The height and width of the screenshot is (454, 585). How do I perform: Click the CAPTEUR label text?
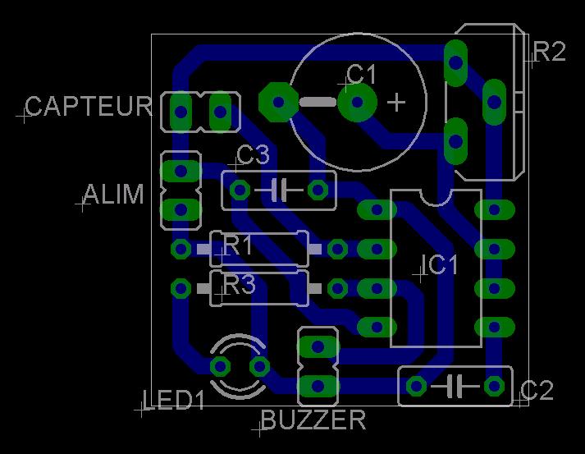pyautogui.click(x=89, y=107)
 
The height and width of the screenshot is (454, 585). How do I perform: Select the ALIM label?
pyautogui.click(x=113, y=195)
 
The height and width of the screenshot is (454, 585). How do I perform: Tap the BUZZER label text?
pyautogui.click(x=313, y=420)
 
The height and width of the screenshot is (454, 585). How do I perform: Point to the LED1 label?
pyautogui.click(x=174, y=401)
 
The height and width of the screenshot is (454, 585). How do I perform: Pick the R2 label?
pyautogui.click(x=549, y=53)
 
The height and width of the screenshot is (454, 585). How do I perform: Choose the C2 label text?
pyautogui.click(x=537, y=391)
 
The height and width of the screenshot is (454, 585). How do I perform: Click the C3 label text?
pyautogui.click(x=253, y=154)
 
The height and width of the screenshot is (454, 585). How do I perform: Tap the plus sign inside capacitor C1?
pyautogui.click(x=396, y=102)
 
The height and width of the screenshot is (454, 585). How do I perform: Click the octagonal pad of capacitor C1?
pyautogui.click(x=278, y=102)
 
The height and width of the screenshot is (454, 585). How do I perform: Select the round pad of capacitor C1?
pyautogui.click(x=357, y=102)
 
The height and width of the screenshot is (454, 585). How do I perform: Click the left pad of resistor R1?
pyautogui.click(x=181, y=248)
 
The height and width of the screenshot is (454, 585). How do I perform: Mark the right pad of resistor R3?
pyautogui.click(x=337, y=288)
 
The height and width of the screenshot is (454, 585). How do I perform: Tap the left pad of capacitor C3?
pyautogui.click(x=240, y=190)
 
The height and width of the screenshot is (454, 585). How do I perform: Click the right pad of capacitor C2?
pyautogui.click(x=494, y=385)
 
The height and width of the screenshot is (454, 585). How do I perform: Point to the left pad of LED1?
pyautogui.click(x=220, y=365)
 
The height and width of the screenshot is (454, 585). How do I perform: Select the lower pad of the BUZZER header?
pyautogui.click(x=318, y=384)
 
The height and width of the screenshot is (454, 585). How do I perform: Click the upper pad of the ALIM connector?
pyautogui.click(x=180, y=172)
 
